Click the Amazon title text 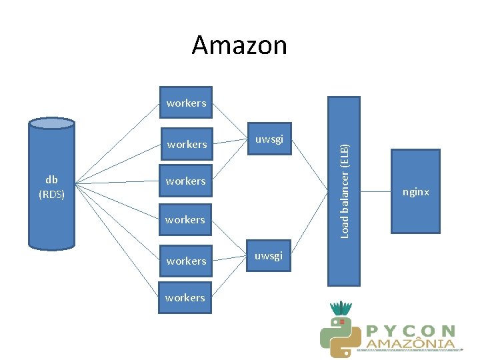239,45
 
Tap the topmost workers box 185,103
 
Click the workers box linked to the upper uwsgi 186,144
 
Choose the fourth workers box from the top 185,219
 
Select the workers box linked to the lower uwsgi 186,261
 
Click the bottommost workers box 185,297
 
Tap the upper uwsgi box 269,139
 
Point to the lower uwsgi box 269,255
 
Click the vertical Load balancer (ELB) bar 344,191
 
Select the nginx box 415,191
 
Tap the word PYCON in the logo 411,331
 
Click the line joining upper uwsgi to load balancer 309,166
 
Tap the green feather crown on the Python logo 342,309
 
